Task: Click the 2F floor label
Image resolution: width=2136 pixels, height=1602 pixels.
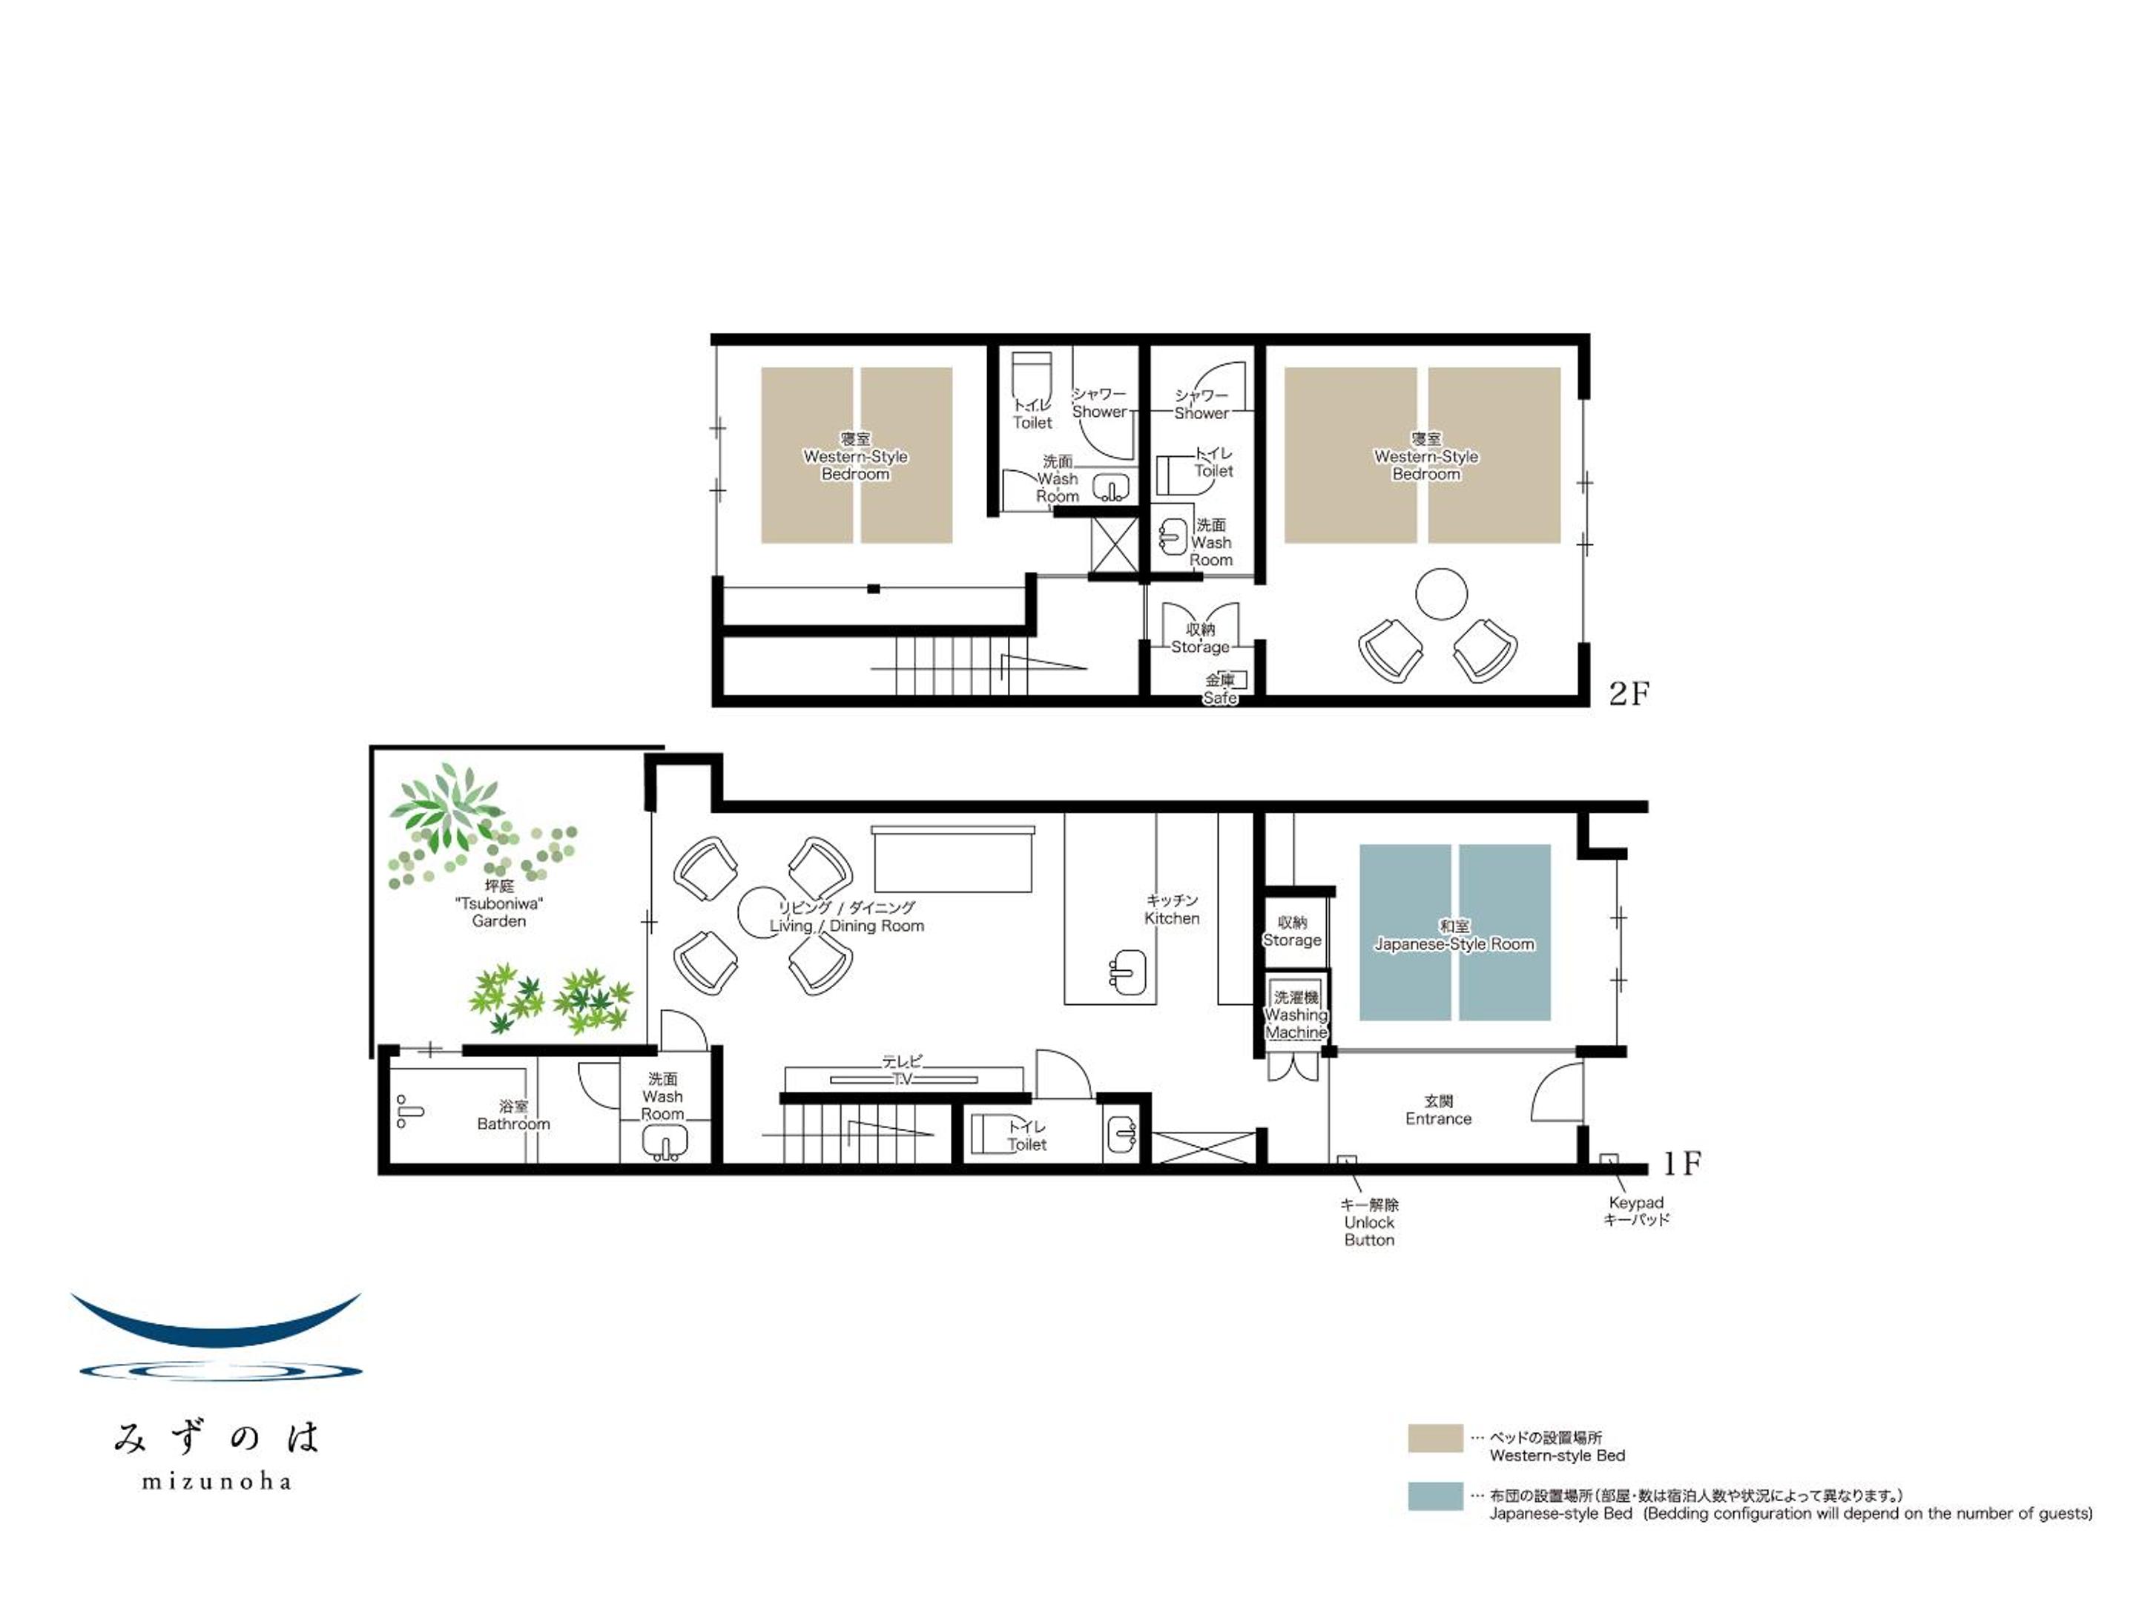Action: pos(1629,693)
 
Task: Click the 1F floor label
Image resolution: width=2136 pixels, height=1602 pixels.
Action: pos(1682,1164)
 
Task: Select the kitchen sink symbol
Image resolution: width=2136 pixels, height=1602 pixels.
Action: pos(1127,972)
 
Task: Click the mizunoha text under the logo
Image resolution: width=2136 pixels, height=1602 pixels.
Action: pos(217,1481)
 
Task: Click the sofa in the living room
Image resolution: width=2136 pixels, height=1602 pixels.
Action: pos(953,858)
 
